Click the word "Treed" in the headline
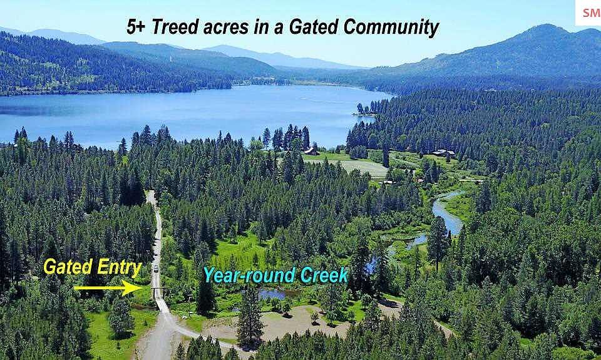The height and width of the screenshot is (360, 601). (x=175, y=27)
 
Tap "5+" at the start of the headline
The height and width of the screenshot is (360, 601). (x=136, y=27)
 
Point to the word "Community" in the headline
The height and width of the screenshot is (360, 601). (x=391, y=28)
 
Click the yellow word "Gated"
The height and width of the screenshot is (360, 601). (x=68, y=267)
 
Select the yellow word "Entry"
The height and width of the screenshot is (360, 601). (x=119, y=267)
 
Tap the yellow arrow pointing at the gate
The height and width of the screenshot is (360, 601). (x=108, y=287)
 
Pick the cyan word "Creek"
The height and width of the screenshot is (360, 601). (x=324, y=275)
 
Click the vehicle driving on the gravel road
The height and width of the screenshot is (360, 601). (x=156, y=268)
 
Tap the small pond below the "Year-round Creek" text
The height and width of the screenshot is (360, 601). (x=273, y=294)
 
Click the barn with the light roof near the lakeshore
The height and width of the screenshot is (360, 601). (x=312, y=151)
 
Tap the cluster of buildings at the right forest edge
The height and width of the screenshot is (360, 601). (x=443, y=153)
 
